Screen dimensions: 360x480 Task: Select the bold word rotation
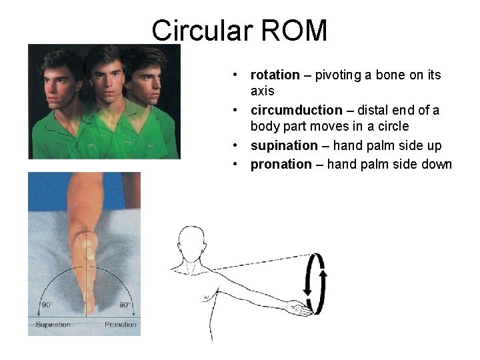[x=275, y=75]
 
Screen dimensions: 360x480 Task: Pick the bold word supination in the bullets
[x=284, y=145]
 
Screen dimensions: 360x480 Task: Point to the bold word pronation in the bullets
[x=281, y=164]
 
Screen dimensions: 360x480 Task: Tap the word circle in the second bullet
[x=393, y=127]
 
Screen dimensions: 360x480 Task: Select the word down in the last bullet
[x=437, y=164]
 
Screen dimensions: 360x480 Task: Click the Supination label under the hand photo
[x=53, y=325]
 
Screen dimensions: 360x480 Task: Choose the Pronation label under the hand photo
[x=120, y=325]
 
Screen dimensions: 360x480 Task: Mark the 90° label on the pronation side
[x=125, y=304]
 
